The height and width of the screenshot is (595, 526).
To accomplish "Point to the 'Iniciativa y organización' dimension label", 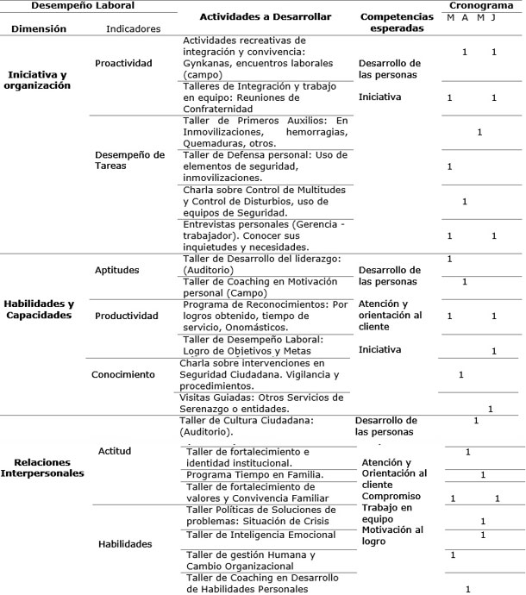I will [40, 79].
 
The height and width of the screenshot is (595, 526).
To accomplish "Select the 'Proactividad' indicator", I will [124, 63].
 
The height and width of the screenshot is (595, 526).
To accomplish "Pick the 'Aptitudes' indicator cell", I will [118, 270].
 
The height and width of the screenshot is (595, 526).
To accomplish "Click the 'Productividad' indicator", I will [128, 316].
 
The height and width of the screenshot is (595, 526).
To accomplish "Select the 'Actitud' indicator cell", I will [114, 451].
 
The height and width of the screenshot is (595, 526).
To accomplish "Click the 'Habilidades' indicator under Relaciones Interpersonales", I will [125, 543].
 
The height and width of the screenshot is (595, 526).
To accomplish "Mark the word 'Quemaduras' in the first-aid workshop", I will [213, 143].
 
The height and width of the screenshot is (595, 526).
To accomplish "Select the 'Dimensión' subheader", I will [40, 28].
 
